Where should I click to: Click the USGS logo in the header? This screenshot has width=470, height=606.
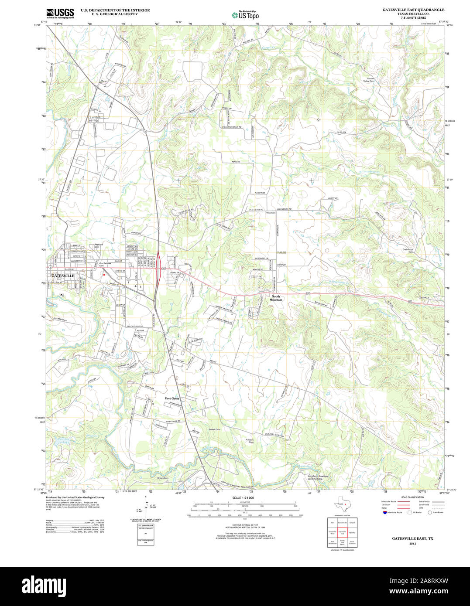point(60,13)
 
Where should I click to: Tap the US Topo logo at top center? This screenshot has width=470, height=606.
point(245,15)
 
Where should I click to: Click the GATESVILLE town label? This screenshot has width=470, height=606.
point(63,276)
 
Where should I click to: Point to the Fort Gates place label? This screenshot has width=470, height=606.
point(172,398)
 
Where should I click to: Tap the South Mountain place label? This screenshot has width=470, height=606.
point(276,298)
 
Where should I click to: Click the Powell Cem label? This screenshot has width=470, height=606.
point(215,429)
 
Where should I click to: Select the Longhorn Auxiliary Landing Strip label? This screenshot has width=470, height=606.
point(318,477)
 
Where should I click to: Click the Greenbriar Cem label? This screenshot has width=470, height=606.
point(408,251)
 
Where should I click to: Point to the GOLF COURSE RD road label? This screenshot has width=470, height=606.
point(135,326)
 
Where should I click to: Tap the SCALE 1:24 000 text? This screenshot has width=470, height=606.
point(243,497)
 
